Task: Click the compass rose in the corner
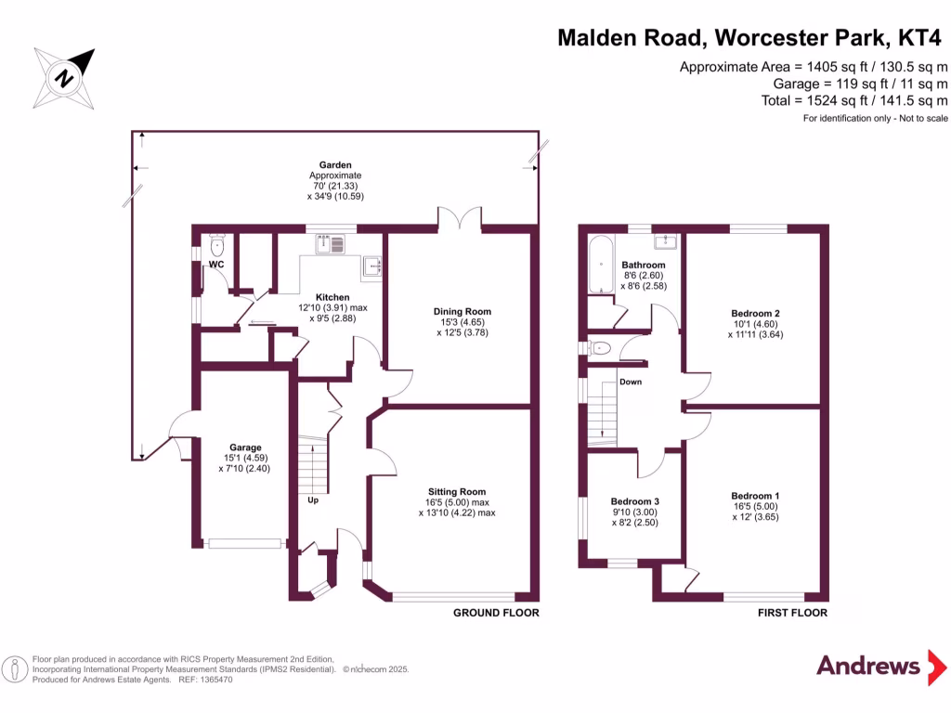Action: (64, 77)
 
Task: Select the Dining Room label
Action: (462, 312)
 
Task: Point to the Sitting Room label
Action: (457, 492)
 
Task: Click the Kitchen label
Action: (332, 297)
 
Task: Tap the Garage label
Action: (246, 447)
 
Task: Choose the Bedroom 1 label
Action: (754, 496)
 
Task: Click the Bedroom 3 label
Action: (635, 501)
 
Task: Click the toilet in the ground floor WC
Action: (217, 246)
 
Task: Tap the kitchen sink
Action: (329, 244)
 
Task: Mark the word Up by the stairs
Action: (314, 500)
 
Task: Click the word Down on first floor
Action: (631, 382)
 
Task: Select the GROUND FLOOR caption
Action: (496, 613)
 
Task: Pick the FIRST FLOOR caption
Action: (792, 613)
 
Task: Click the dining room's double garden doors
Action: (461, 220)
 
